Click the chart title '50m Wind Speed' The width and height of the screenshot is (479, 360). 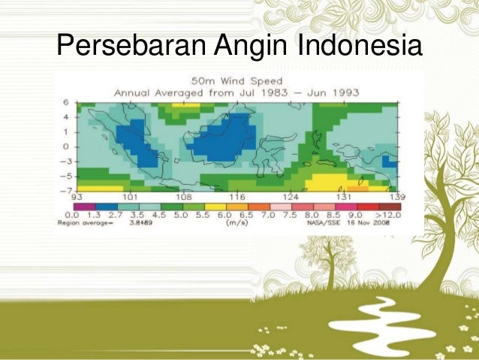click(x=236, y=80)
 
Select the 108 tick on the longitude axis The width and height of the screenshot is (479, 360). click(x=185, y=196)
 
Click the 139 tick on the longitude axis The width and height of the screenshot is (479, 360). click(x=396, y=196)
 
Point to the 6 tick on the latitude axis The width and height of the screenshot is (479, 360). click(x=66, y=101)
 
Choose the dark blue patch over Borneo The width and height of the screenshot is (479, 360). click(x=221, y=139)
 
